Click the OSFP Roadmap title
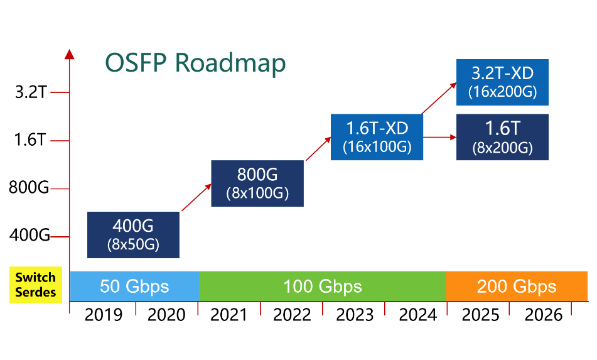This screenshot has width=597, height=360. pos(195,63)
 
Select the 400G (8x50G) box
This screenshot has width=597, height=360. pos(133,235)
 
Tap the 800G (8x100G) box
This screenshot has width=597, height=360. pos(257,183)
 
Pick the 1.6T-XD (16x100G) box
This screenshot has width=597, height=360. pos(377,137)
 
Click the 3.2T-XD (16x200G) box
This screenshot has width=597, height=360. pos(503,82)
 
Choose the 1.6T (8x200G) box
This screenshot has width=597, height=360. pos(503,137)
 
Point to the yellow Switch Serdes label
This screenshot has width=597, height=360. pos(36,285)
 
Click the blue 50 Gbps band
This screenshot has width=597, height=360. pos(134,286)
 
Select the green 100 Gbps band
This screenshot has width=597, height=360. pos(323,286)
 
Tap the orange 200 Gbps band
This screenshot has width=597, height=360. pos(517,286)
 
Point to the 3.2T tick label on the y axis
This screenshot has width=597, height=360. pos(31,92)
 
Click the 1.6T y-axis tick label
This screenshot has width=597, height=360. pos(30,140)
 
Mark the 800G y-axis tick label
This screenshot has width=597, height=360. pos(29,187)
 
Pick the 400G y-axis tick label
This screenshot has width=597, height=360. pos(30,235)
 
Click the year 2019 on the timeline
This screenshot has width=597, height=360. pos(104,315)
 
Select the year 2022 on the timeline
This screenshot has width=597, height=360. pos(292,315)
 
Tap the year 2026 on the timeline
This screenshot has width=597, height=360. pos(543,315)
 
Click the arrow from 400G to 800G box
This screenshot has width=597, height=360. pos(196,197)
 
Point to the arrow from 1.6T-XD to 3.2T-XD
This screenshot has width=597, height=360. pos(439,98)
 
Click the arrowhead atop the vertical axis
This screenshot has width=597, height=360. pos(69,54)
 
